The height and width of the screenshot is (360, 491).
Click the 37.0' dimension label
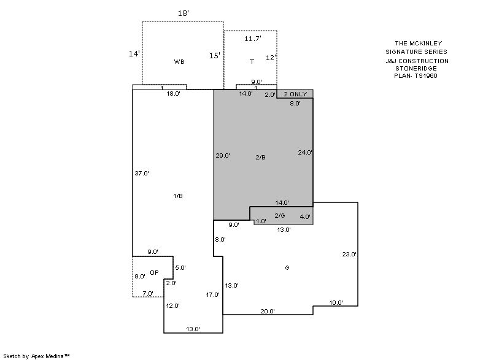pos(142,173)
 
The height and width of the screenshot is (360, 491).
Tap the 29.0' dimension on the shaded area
pos(223,155)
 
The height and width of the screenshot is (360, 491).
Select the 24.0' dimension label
pos(305,152)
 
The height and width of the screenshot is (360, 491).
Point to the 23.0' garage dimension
pos(349,255)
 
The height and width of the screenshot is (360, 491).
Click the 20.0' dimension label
pos(268,311)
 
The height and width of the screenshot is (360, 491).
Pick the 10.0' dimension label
pos(336,302)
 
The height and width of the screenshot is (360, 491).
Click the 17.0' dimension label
pos(212,294)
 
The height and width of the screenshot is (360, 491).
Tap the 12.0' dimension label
pos(173,305)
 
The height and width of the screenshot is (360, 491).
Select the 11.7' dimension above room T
pos(253,39)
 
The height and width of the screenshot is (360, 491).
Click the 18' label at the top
pos(184,13)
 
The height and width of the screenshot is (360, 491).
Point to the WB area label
pos(179,61)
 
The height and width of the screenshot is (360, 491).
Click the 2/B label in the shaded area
pos(260,158)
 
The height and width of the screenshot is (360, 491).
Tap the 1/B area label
pos(178,196)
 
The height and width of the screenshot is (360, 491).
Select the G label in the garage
pos(287,268)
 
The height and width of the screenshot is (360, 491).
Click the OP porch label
pos(154,273)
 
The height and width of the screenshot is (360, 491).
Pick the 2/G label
pos(280,215)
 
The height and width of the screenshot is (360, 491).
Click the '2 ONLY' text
pos(295,94)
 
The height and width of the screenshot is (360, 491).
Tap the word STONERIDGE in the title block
pos(416,68)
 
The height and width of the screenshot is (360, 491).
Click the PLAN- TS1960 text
pos(416,75)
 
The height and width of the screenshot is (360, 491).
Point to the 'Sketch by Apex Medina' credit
pos(36,356)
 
